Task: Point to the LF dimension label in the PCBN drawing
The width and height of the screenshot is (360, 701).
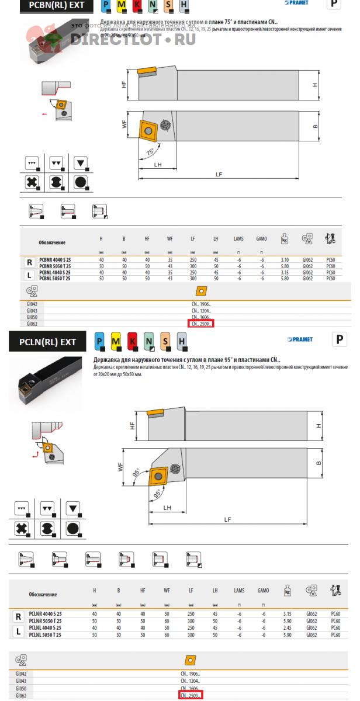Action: [x=219, y=174]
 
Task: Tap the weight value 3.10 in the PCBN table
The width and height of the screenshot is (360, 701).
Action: [x=285, y=259]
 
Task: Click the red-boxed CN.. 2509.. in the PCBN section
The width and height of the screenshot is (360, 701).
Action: [x=200, y=323]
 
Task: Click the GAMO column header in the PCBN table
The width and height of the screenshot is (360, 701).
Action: [x=261, y=239]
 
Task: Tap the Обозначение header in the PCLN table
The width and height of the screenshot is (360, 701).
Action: [x=43, y=594]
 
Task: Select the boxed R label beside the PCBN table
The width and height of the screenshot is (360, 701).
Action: [x=29, y=262]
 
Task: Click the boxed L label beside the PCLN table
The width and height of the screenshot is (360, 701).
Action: [x=19, y=631]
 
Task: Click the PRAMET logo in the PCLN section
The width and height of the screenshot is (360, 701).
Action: [x=300, y=339]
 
